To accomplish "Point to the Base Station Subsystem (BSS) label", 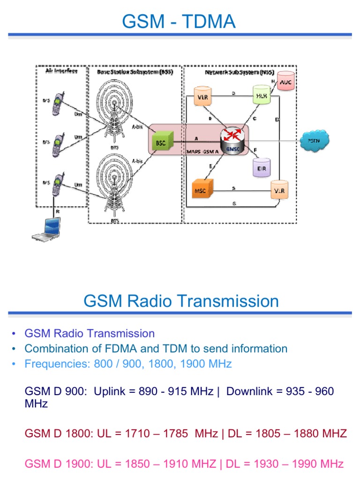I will (x=135, y=71).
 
